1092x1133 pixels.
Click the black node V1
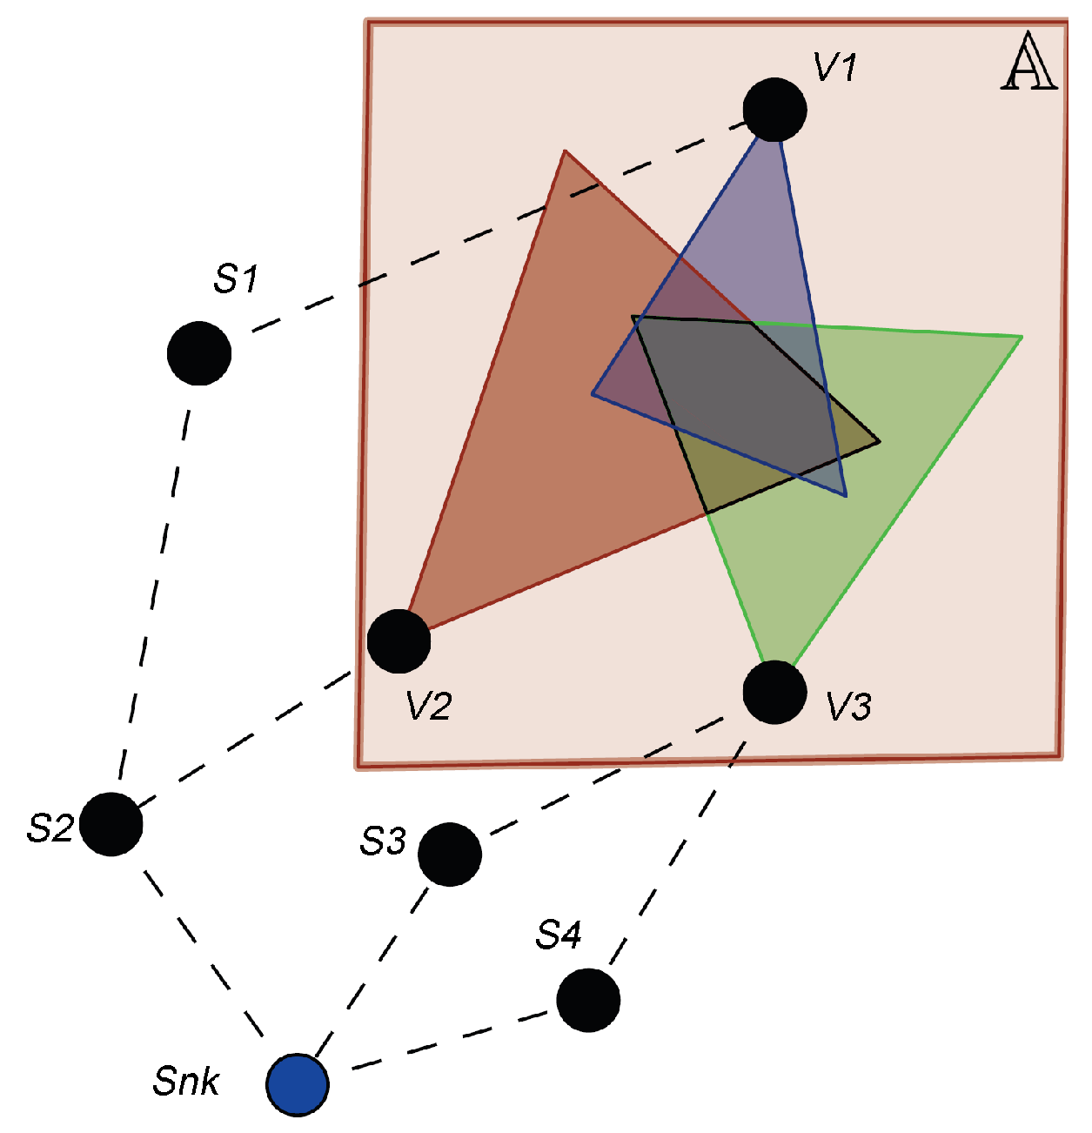pyautogui.click(x=775, y=110)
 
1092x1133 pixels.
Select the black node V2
pyautogui.click(x=399, y=640)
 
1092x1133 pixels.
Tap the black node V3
pyautogui.click(x=775, y=692)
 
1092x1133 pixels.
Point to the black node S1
pyautogui.click(x=199, y=353)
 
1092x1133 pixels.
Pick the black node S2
pyautogui.click(x=111, y=823)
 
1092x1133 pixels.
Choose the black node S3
pyautogui.click(x=450, y=854)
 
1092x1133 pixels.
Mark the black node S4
pyautogui.click(x=588, y=1000)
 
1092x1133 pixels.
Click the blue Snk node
pyautogui.click(x=298, y=1084)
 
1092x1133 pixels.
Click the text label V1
pyautogui.click(x=835, y=67)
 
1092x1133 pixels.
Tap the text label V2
pyautogui.click(x=428, y=706)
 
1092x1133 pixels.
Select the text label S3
pyautogui.click(x=383, y=841)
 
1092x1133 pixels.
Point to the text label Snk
pyautogui.click(x=186, y=1082)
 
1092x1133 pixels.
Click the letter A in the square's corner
pyautogui.click(x=1029, y=63)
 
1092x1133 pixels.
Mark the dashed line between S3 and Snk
pyautogui.click(x=374, y=969)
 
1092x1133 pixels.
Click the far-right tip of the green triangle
pyautogui.click(x=1021, y=336)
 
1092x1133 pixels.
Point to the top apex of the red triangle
pyautogui.click(x=566, y=151)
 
